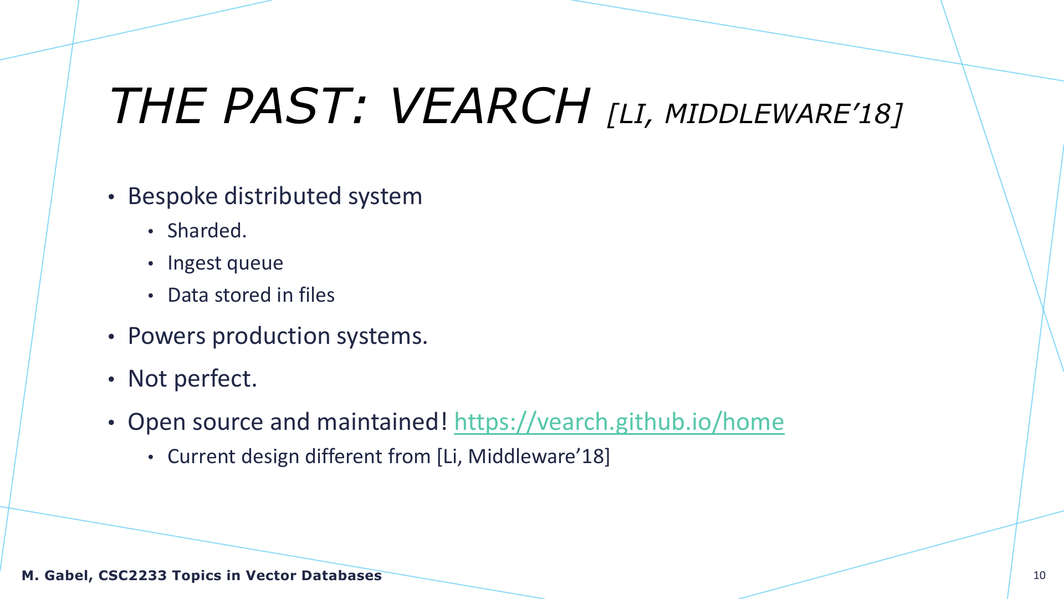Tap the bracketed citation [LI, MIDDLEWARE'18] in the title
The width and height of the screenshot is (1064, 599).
[755, 114]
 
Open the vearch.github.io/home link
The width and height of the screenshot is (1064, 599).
[619, 422]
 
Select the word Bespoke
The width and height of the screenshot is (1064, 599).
[173, 197]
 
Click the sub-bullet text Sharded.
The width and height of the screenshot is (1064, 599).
[207, 231]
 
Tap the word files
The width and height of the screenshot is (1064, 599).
[316, 295]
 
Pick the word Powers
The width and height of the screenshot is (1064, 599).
[166, 336]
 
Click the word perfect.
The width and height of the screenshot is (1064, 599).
[215, 379]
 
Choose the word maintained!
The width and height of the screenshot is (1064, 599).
[382, 422]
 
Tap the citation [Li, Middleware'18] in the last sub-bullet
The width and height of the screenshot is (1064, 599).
[523, 456]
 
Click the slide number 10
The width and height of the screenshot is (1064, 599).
[1040, 575]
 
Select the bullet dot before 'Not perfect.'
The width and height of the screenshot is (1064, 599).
[111, 380]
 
